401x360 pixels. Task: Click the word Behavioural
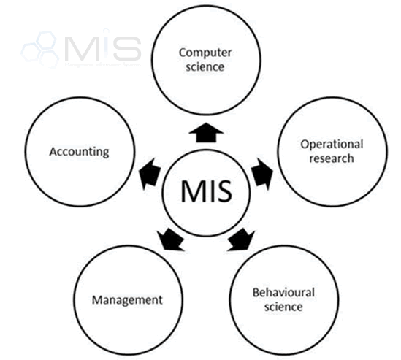[283, 292]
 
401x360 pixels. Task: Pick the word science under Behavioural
[283, 307]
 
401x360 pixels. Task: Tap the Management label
[127, 299]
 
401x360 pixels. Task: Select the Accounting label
[79, 152]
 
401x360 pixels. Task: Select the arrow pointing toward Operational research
[261, 175]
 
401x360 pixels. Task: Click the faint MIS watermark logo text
[102, 47]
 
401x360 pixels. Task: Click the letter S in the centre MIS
[222, 191]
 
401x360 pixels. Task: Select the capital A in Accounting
[53, 152]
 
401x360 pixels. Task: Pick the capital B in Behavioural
[255, 292]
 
